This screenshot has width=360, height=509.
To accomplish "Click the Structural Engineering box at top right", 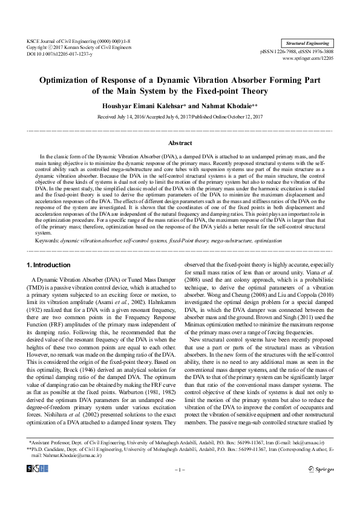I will point(308,44).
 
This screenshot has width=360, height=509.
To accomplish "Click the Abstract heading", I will point(180,143).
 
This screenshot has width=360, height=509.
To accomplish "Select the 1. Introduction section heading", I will point(49,265).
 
